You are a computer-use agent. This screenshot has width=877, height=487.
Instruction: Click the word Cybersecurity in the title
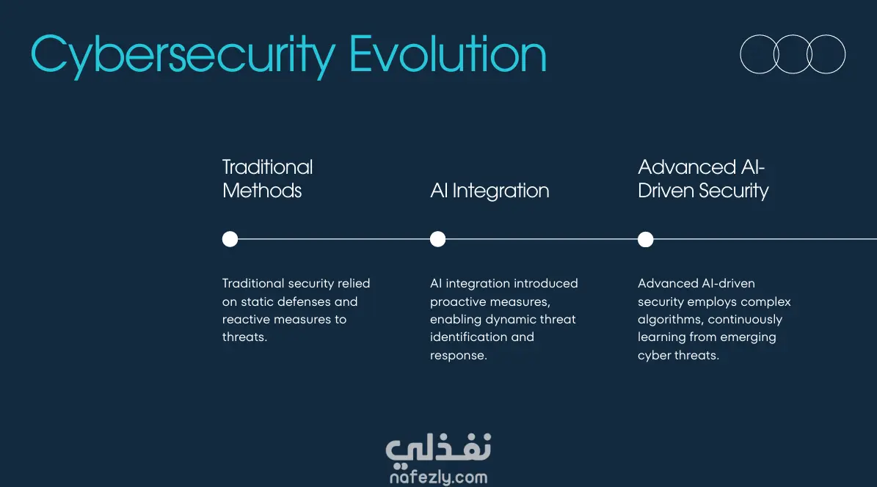[183, 56]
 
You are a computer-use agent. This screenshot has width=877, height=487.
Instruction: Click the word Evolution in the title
[448, 54]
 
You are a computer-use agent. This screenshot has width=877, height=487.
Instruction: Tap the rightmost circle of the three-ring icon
[845, 54]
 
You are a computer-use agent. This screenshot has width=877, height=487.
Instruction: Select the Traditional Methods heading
[267, 179]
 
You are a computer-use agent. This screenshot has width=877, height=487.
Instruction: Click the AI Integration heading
[490, 191]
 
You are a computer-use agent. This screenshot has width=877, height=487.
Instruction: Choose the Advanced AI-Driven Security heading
[703, 179]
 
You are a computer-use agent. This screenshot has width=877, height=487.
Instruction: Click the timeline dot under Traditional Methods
[230, 239]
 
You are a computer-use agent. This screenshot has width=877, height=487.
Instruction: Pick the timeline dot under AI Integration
[438, 239]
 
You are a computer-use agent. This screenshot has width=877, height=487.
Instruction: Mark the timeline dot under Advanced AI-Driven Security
[645, 239]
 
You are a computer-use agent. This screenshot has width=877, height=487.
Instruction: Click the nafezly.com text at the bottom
[439, 477]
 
